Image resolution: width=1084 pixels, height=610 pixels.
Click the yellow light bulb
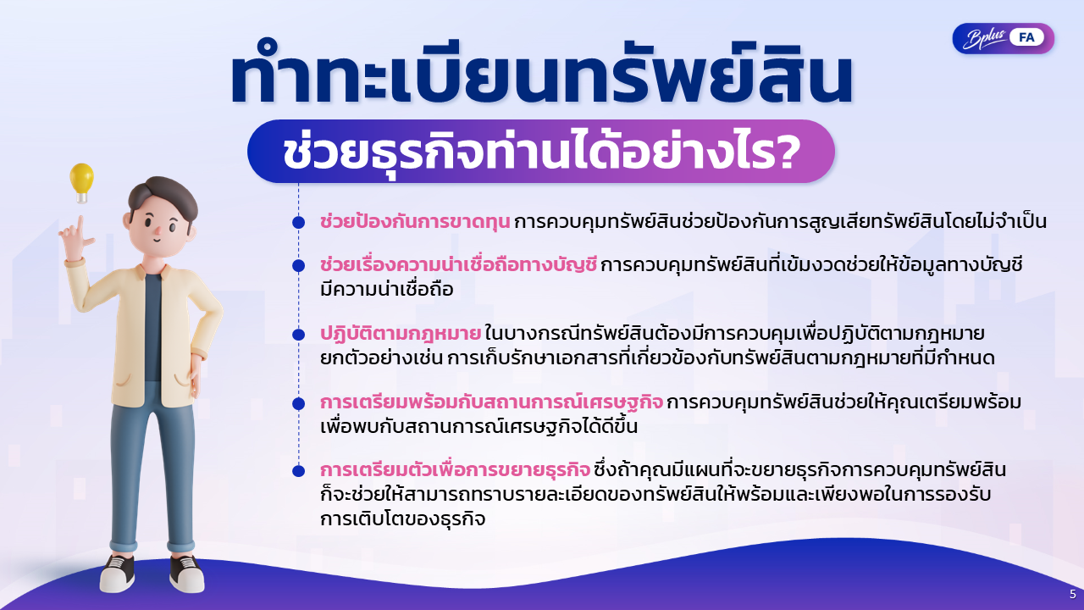click(x=81, y=182)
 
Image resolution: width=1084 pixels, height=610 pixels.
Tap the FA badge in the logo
click(x=1026, y=38)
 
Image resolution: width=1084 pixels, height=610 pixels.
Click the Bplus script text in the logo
click(x=984, y=39)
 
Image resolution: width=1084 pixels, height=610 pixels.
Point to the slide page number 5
click(x=1073, y=594)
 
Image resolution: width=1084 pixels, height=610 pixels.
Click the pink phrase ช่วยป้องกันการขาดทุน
click(x=415, y=222)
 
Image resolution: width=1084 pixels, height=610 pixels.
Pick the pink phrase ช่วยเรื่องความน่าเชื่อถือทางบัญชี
click(x=458, y=265)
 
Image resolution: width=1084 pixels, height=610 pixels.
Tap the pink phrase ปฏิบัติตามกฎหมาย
click(x=401, y=334)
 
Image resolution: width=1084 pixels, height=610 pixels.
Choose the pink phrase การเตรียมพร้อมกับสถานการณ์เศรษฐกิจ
click(x=491, y=402)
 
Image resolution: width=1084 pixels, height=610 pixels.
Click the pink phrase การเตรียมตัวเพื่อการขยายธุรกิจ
click(x=455, y=470)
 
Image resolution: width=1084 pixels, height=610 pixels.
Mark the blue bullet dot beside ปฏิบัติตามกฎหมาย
click(x=299, y=335)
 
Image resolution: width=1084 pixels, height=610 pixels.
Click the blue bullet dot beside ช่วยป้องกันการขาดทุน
click(x=299, y=222)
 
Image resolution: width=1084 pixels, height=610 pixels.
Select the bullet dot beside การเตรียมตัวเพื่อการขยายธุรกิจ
click(x=299, y=470)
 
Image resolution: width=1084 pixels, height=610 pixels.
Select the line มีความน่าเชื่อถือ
click(x=387, y=290)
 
